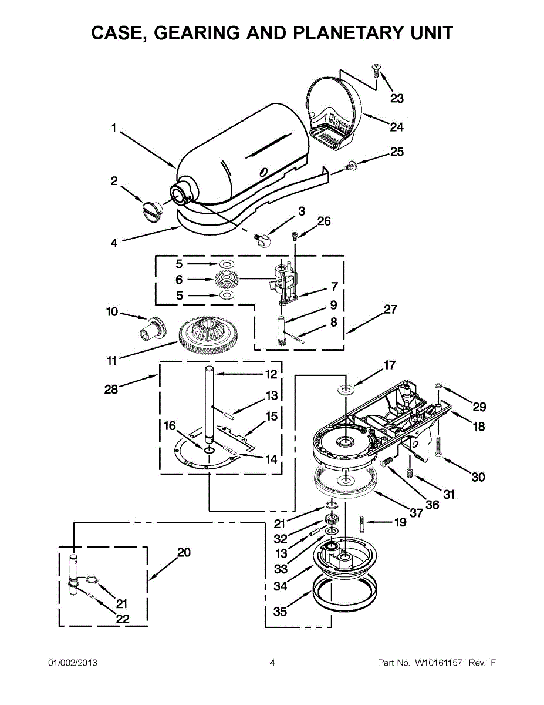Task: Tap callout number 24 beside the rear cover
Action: click(x=396, y=126)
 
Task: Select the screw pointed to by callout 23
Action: click(x=376, y=70)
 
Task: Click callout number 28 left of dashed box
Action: click(x=111, y=389)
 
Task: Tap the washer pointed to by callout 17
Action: click(x=346, y=389)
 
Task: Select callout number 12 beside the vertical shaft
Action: click(x=271, y=374)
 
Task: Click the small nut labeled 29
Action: click(x=438, y=385)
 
